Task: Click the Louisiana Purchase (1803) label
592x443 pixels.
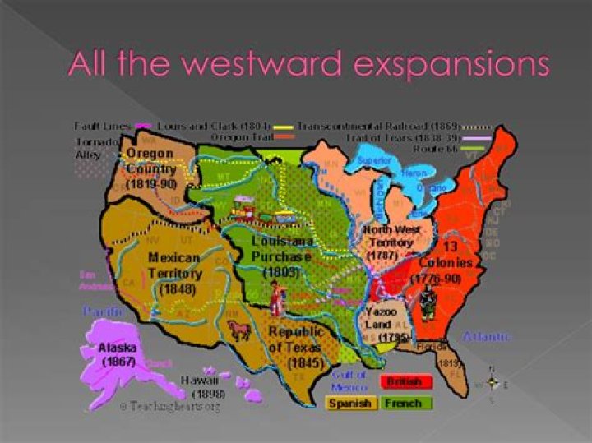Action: pos(282,256)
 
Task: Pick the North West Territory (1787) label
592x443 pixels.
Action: pos(392,242)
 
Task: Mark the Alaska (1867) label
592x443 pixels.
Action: pos(119,354)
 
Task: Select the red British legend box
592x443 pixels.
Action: pos(405,382)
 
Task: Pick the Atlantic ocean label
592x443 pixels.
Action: pos(485,336)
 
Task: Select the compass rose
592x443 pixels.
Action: pos(493,383)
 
